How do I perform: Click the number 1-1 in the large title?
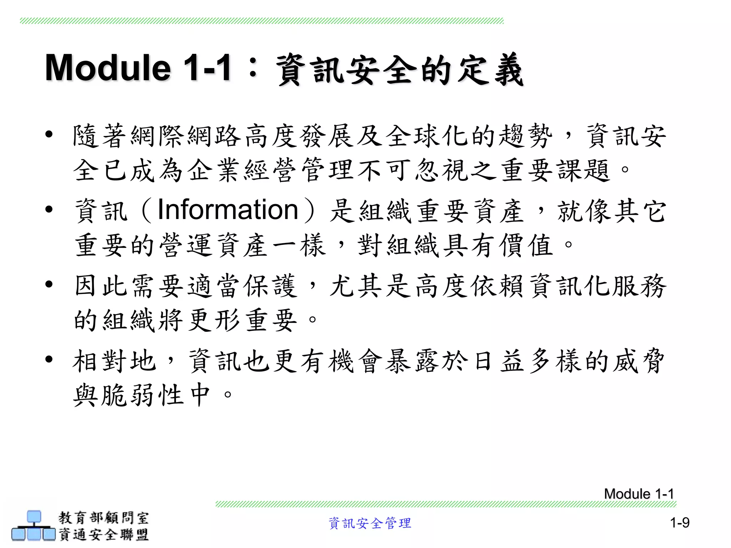[207, 68]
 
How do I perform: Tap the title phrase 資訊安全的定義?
[400, 70]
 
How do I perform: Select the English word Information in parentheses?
[228, 210]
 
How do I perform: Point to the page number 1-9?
[680, 523]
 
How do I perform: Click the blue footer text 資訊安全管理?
[370, 523]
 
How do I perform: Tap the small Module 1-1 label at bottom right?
[639, 494]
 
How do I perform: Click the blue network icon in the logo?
[34, 526]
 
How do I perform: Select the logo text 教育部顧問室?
[104, 518]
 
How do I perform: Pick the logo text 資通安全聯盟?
[104, 534]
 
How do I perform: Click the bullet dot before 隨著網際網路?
[49, 134]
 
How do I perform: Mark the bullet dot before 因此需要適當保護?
[49, 284]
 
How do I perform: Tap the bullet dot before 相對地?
[49, 359]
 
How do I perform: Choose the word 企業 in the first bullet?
[214, 170]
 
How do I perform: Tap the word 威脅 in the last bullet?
[639, 361]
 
